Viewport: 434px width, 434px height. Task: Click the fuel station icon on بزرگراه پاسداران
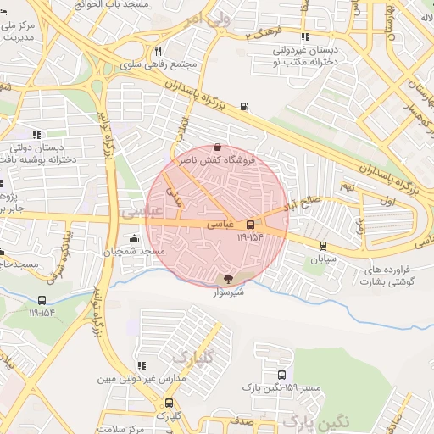[245, 107]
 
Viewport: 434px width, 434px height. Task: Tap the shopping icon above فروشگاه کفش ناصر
[218, 147]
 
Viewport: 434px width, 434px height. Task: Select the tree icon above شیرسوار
[227, 278]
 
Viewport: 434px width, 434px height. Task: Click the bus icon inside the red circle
[249, 225]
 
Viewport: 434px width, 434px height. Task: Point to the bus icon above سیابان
[323, 246]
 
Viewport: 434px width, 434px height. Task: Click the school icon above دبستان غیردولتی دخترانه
[305, 37]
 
